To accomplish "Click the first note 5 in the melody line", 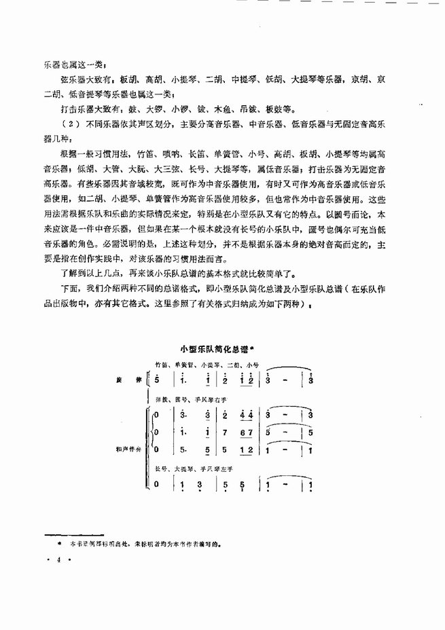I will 158,380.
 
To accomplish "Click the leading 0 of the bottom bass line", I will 157,484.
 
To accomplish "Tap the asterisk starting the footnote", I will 60,544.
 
